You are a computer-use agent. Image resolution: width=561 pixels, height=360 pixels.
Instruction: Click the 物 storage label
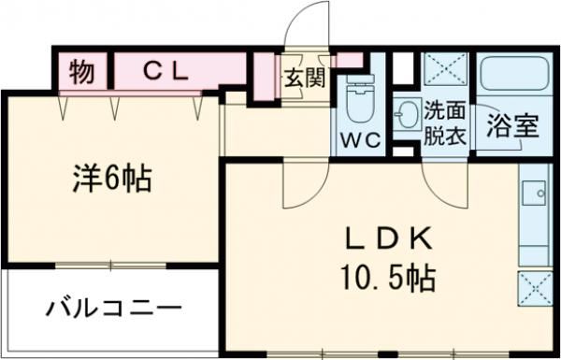pos(82,71)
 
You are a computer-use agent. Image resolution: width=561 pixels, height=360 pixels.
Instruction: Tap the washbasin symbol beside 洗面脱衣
pos(407,116)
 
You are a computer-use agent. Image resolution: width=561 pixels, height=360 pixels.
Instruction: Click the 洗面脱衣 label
pos(444,121)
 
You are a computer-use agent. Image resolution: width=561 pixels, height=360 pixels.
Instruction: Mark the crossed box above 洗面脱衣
pos(443,70)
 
